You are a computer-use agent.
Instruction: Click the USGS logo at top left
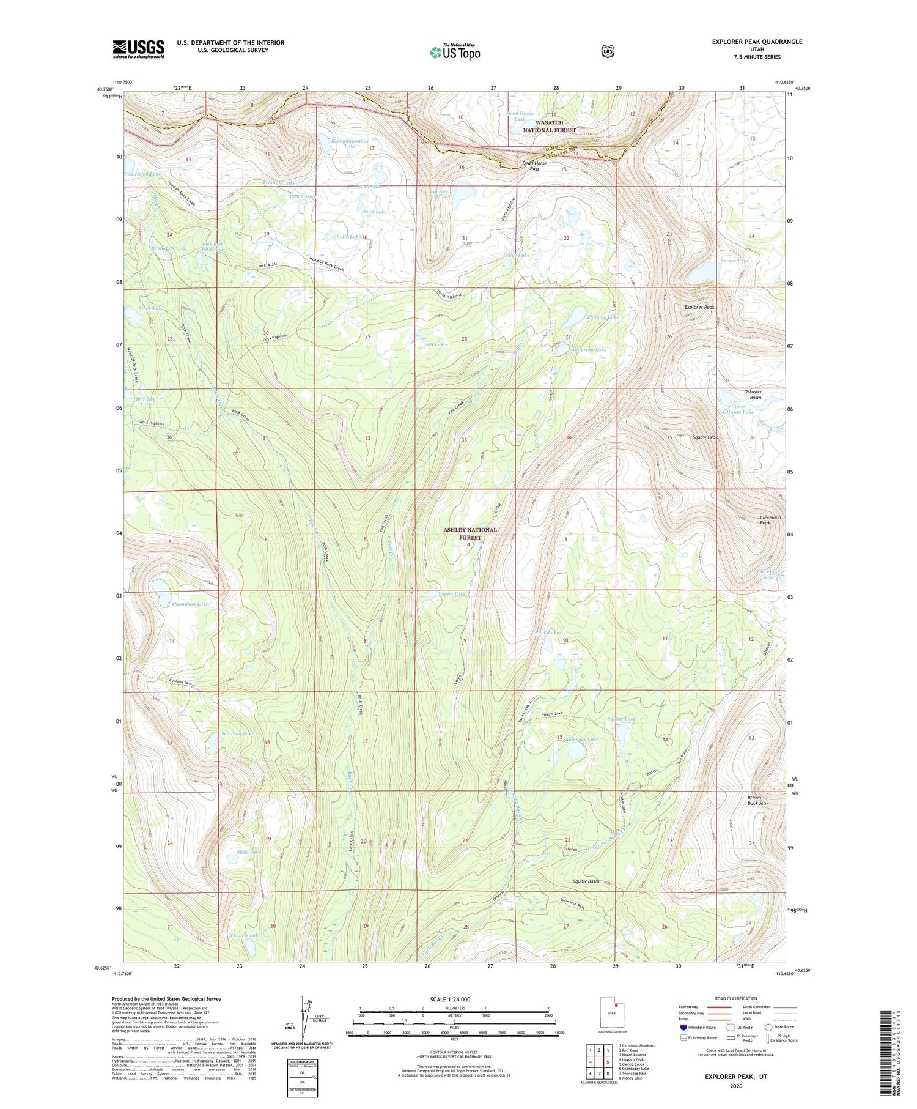[138, 48]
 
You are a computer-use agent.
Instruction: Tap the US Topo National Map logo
[455, 51]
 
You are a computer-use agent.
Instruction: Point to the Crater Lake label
[734, 261]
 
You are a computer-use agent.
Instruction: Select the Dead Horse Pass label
[534, 166]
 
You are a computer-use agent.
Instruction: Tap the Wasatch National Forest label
[549, 126]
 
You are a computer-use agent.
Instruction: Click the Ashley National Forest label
[470, 533]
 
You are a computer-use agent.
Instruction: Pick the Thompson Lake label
[190, 604]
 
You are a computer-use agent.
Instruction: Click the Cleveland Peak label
[770, 520]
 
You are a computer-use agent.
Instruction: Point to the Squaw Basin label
[586, 881]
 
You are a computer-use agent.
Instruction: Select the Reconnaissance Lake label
[350, 143]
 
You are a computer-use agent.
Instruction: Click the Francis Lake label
[245, 935]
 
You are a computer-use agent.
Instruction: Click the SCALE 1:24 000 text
[449, 999]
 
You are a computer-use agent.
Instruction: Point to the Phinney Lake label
[603, 317]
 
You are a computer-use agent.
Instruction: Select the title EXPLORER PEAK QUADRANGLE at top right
[756, 42]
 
